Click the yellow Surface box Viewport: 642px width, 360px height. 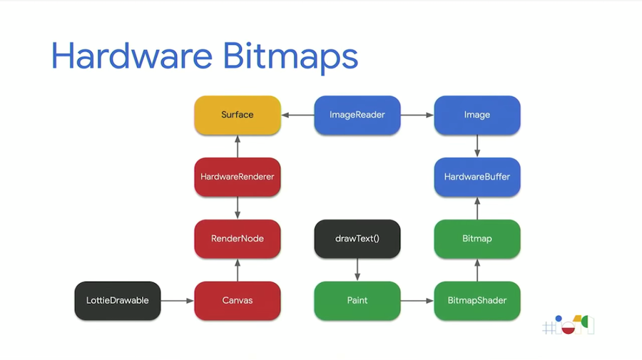238,115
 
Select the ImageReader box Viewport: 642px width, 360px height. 357,115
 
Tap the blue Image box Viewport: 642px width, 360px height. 477,115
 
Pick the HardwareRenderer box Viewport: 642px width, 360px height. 238,177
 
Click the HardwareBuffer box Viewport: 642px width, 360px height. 477,177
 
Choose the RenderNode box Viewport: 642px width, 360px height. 238,239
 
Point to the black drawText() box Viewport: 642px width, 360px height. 357,239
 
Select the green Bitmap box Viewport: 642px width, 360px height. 477,239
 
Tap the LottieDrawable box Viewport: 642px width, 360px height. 118,301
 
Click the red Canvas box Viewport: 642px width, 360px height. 238,301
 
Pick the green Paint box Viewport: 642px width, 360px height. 357,301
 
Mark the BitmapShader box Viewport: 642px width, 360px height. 477,301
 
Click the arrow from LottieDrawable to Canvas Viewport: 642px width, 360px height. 178,301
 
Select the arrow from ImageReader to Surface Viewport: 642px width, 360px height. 297,115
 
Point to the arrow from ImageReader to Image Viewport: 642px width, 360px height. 417,115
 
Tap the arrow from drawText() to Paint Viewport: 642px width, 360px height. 357,269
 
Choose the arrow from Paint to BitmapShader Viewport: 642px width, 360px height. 417,301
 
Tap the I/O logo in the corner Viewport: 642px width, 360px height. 569,326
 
